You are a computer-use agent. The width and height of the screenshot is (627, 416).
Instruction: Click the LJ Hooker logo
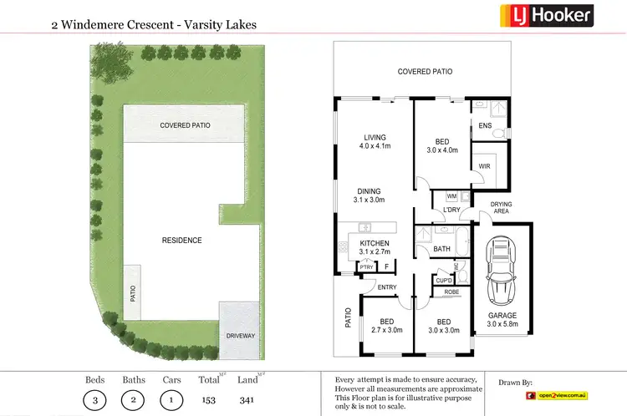[x=547, y=15]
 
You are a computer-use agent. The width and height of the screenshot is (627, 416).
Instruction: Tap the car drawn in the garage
[x=502, y=271]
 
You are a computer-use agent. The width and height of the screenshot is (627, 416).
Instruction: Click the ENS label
[x=485, y=126]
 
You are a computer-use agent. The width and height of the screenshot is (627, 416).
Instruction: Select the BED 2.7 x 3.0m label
[x=385, y=326]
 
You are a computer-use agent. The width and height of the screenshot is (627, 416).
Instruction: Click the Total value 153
[x=209, y=400]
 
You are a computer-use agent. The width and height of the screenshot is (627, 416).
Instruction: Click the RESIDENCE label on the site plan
[x=181, y=241]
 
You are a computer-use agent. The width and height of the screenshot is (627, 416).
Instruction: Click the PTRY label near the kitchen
[x=365, y=266]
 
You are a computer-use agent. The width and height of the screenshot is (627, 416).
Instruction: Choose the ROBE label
[x=451, y=292]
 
